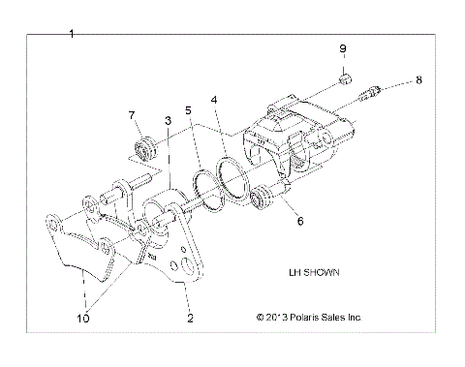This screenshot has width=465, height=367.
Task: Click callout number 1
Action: point(73,34)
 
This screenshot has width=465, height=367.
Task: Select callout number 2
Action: point(190,317)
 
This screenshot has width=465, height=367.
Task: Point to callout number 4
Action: point(214,98)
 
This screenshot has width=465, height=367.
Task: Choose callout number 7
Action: point(132,116)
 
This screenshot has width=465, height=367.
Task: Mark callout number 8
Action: point(418,82)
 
